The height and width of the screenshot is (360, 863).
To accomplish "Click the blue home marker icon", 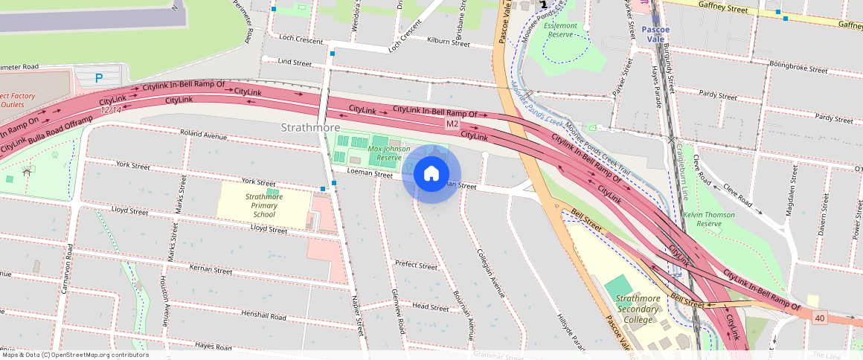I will pos(431,174).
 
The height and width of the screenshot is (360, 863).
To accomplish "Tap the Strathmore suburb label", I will pos(310,128).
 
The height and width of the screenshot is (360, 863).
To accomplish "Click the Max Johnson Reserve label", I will pos(389,153).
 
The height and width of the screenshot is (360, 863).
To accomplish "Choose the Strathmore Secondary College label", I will pos(638,309).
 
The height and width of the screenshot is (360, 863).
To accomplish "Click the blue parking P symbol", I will pos(98,77).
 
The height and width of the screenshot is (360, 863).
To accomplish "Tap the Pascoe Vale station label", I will pos(657,34).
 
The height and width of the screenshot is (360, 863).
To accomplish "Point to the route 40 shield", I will pos(819,318).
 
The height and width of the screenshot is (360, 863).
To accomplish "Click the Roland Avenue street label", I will pos(205,137).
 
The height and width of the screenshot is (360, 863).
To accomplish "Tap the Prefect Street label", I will pos(416,265).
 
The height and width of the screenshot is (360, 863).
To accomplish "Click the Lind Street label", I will pos(295,63).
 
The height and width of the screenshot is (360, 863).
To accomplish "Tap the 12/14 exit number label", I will pos(111,109).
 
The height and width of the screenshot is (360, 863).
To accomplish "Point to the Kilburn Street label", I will pos(449,43).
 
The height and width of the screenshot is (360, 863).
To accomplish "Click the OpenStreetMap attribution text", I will pos(74,355).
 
